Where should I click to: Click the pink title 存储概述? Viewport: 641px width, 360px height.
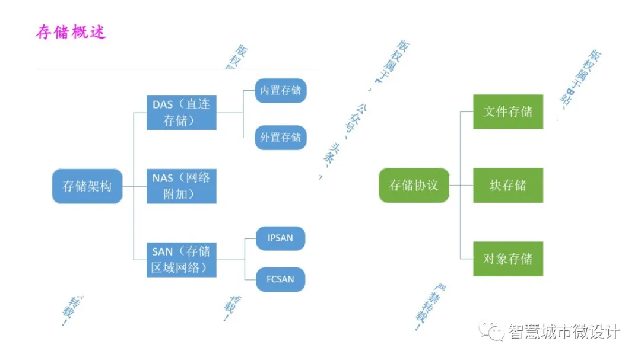pyautogui.click(x=71, y=32)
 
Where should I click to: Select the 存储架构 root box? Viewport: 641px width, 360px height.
pyautogui.click(x=87, y=186)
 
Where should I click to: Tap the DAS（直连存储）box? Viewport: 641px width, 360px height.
pyautogui.click(x=181, y=112)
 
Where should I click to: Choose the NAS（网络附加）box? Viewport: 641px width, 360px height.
pyautogui.click(x=181, y=186)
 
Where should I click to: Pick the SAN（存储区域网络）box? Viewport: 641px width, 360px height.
pyautogui.click(x=181, y=259)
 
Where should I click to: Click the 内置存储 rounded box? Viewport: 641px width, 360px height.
pyautogui.click(x=281, y=91)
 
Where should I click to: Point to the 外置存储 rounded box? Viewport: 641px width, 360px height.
pyautogui.click(x=281, y=137)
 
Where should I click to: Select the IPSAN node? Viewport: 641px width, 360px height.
pyautogui.click(x=280, y=238)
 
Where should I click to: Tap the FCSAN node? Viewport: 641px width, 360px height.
pyautogui.click(x=280, y=279)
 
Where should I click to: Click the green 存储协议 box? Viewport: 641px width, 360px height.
pyautogui.click(x=414, y=186)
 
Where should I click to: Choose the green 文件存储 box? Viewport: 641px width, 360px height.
pyautogui.click(x=508, y=111)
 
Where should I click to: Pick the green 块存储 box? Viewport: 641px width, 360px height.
pyautogui.click(x=508, y=186)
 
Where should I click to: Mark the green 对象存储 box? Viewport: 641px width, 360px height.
pyautogui.click(x=508, y=259)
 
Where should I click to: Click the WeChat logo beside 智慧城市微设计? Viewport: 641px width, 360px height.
pyautogui.click(x=492, y=331)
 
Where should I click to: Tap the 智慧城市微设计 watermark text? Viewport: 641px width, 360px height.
pyautogui.click(x=564, y=332)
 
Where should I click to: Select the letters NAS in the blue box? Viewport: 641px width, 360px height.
pyautogui.click(x=163, y=179)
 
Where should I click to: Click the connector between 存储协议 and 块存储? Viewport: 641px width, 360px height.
pyautogui.click(x=461, y=186)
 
